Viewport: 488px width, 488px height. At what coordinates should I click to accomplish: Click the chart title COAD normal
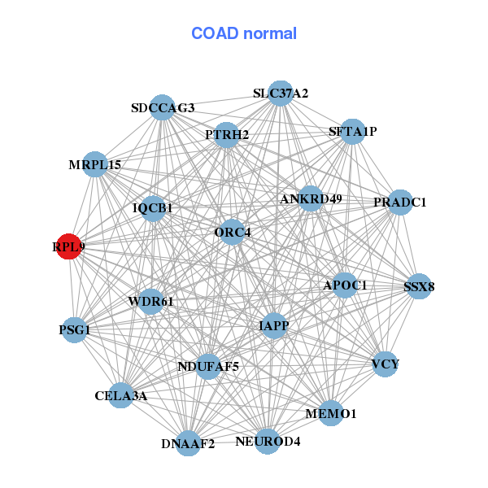click(x=244, y=34)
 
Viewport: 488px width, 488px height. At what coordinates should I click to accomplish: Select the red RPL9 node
click(x=69, y=246)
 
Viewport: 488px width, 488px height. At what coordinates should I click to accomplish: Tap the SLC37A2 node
click(x=279, y=94)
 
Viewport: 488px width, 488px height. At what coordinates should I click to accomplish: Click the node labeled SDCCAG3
click(x=163, y=108)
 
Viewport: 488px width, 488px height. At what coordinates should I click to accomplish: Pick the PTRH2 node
click(x=227, y=134)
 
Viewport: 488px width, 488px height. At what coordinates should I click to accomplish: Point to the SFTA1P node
click(x=352, y=131)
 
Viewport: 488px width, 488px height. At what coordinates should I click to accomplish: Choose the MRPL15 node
click(x=95, y=164)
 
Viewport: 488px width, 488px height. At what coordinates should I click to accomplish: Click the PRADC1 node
click(x=399, y=202)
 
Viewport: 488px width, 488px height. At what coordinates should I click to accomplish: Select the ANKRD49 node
click(x=311, y=198)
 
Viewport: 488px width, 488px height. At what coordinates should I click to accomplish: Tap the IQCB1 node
click(x=153, y=208)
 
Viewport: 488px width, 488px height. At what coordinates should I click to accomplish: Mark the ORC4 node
click(x=233, y=233)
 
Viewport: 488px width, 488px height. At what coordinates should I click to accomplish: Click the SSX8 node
click(x=419, y=286)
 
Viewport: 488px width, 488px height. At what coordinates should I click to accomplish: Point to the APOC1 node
click(x=345, y=285)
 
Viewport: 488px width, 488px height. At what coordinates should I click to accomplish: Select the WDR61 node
click(x=151, y=302)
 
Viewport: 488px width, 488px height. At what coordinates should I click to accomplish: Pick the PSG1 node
click(x=75, y=330)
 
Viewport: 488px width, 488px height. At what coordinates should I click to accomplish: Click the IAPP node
click(x=274, y=325)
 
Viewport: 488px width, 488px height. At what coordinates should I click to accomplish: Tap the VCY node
click(x=385, y=364)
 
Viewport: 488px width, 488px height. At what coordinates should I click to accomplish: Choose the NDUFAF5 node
click(x=208, y=367)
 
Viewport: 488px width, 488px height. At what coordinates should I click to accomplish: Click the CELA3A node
click(x=120, y=396)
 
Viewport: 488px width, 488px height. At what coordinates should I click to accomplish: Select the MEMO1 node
click(x=331, y=414)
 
